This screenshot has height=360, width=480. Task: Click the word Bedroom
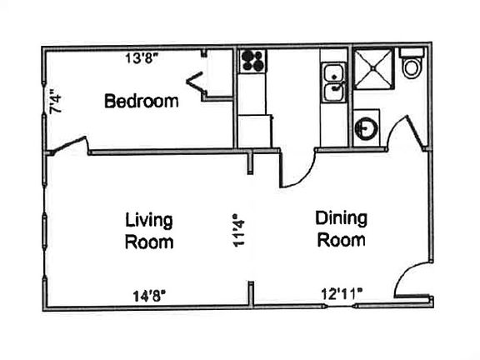pyautogui.click(x=141, y=102)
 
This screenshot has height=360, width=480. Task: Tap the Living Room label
pyautogui.click(x=149, y=231)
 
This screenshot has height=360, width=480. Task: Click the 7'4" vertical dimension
pyautogui.click(x=56, y=102)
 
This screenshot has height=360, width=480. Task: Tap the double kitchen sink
pyautogui.click(x=333, y=84)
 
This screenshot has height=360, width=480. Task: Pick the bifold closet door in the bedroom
pyautogui.click(x=196, y=83)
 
